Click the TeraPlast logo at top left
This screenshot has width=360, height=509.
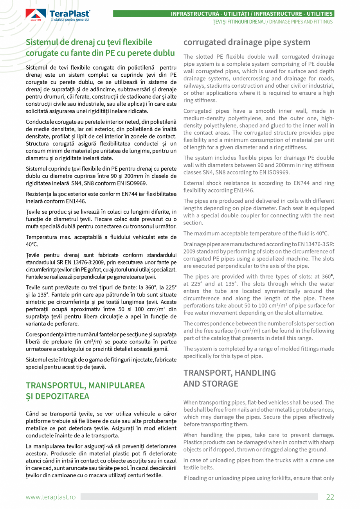tap(58, 15)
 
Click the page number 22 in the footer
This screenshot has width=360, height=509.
tap(330, 497)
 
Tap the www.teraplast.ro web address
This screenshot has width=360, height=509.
tap(50, 497)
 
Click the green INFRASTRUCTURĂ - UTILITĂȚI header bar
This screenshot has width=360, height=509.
tap(223, 14)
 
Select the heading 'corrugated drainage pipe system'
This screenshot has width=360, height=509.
tap(247, 42)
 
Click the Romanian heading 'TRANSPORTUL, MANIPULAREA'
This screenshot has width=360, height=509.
tap(85, 385)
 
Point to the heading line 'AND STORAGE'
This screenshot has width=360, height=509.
tap(211, 383)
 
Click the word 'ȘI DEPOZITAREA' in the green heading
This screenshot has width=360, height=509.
tap(58, 396)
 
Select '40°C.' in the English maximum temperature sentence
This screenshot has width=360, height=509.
tap(320, 234)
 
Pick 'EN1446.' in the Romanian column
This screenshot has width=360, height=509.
tap(75, 201)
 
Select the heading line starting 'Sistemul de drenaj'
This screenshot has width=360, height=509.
tap(89, 42)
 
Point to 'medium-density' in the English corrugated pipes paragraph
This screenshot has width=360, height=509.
tap(203, 119)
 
